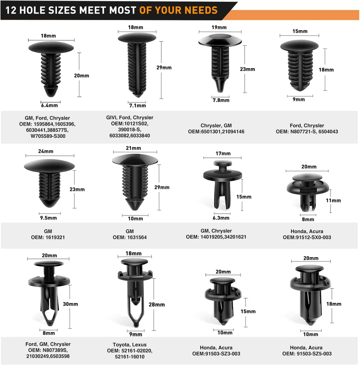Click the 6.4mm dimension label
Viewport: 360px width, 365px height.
[49, 105]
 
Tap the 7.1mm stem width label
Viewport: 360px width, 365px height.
[137, 105]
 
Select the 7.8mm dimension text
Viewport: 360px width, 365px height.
[221, 100]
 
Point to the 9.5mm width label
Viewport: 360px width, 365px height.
[49, 218]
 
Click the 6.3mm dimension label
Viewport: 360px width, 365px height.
[221, 218]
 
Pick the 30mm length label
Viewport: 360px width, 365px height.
[71, 304]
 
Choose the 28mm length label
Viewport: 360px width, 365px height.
[157, 305]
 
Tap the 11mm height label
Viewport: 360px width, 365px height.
[333, 200]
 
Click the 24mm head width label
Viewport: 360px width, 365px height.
[46, 151]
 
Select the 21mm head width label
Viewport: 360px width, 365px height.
[133, 148]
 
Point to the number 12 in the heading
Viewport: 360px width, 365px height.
[11, 10]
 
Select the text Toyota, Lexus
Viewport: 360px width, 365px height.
[130, 345]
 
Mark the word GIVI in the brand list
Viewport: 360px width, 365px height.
[111, 117]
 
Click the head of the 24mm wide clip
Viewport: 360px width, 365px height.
[49, 166]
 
